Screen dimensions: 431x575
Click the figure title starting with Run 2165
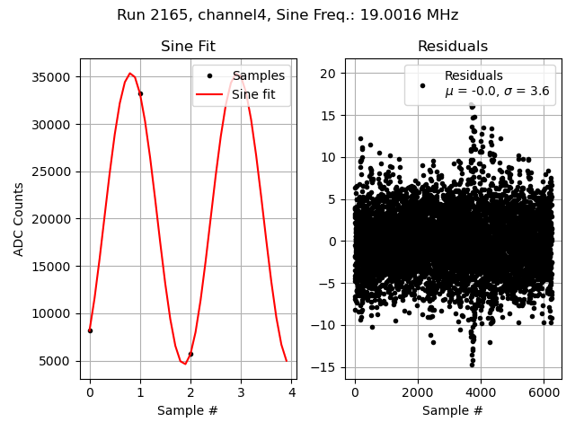coord(287,15)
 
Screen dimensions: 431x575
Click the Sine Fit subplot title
coord(188,47)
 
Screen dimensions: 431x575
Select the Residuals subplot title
coord(452,47)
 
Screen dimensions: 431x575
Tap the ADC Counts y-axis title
coord(19,219)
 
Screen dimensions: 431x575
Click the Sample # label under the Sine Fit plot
coord(188,410)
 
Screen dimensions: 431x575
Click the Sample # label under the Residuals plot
coord(452,410)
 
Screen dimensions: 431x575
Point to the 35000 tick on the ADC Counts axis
coord(53,77)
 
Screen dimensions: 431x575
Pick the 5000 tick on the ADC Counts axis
coord(57,361)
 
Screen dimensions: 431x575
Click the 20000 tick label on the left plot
coord(53,219)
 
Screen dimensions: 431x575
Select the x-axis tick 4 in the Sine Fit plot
coord(292,392)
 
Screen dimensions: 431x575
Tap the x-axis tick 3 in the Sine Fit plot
coord(241,392)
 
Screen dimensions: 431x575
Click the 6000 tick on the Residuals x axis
coord(544,392)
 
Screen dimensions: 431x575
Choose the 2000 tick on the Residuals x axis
coord(418,392)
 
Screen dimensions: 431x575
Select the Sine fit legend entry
coord(254,92)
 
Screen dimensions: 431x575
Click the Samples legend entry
coord(258,76)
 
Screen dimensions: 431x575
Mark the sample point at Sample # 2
coord(190,354)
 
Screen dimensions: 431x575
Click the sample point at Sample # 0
coord(90,330)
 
